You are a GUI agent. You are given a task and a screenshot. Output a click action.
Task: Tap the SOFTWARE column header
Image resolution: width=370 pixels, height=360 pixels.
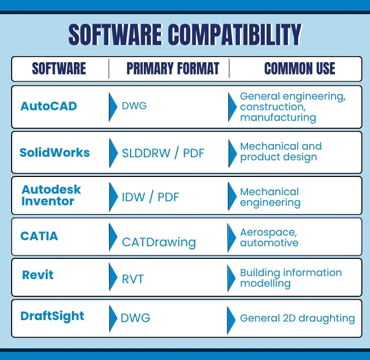coord(59,69)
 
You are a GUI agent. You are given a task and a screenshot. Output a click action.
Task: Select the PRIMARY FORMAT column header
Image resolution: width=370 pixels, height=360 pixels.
coord(173,69)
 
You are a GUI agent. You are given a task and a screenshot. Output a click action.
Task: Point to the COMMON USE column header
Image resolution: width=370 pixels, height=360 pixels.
coord(300,69)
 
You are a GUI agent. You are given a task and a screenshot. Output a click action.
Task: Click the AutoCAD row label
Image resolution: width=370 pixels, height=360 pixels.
coord(49,106)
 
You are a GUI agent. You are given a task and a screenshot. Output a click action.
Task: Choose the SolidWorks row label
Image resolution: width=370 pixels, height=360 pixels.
coord(55,153)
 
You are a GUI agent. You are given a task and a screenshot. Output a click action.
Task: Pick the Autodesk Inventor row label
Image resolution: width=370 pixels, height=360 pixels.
coord(51,195)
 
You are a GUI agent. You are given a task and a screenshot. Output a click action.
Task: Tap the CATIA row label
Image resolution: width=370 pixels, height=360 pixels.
coord(39,236)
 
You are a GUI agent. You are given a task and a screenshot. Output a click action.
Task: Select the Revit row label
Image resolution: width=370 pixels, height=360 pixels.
coord(38,275)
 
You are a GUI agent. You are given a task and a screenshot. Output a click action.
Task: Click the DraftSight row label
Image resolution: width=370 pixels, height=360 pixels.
coord(52,316)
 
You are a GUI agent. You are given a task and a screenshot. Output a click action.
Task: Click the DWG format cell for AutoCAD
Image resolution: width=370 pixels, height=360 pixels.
coord(134,106)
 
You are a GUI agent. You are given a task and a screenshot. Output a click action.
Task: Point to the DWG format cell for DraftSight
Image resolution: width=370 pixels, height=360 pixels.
coord(136,318)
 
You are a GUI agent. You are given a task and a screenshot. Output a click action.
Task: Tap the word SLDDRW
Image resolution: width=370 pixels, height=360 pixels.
coord(146,153)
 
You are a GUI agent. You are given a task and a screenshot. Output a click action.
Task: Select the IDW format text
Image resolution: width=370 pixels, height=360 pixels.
coord(133,197)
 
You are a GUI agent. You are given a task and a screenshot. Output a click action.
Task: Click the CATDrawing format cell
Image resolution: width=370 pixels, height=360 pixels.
coord(159,243)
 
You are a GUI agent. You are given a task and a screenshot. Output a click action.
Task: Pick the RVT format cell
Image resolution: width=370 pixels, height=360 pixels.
coord(133,280)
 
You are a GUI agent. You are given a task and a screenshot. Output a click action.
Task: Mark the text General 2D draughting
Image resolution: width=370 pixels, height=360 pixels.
coord(298,319)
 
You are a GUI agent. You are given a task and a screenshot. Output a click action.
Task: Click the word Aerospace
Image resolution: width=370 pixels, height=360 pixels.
coord(269,233)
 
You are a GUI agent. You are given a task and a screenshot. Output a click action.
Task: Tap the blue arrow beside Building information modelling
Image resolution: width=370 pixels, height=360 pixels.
coord(231,278)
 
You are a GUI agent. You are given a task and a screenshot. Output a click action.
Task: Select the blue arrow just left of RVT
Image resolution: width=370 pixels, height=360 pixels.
coord(113,277)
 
